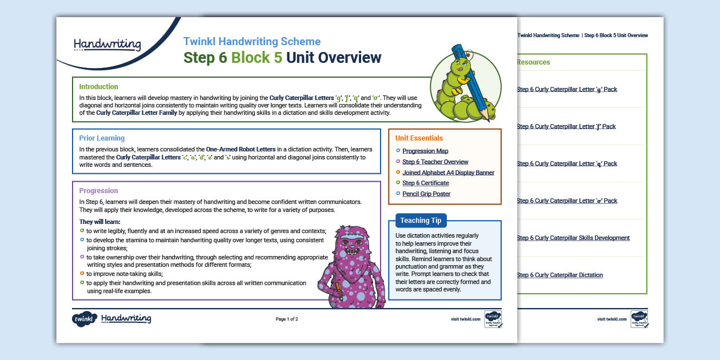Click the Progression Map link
(425, 151)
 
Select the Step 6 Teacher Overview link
(435, 162)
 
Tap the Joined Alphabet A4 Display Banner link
(448, 173)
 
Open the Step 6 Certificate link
(425, 183)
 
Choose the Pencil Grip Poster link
(426, 194)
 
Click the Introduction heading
(98, 87)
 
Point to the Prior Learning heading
(102, 138)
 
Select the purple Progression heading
(98, 191)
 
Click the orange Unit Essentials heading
(419, 138)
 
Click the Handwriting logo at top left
(107, 44)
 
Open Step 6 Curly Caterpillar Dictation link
(559, 275)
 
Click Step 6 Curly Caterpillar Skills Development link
(573, 238)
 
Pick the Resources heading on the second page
(533, 62)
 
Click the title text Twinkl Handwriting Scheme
(251, 42)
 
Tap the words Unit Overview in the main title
(333, 58)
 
